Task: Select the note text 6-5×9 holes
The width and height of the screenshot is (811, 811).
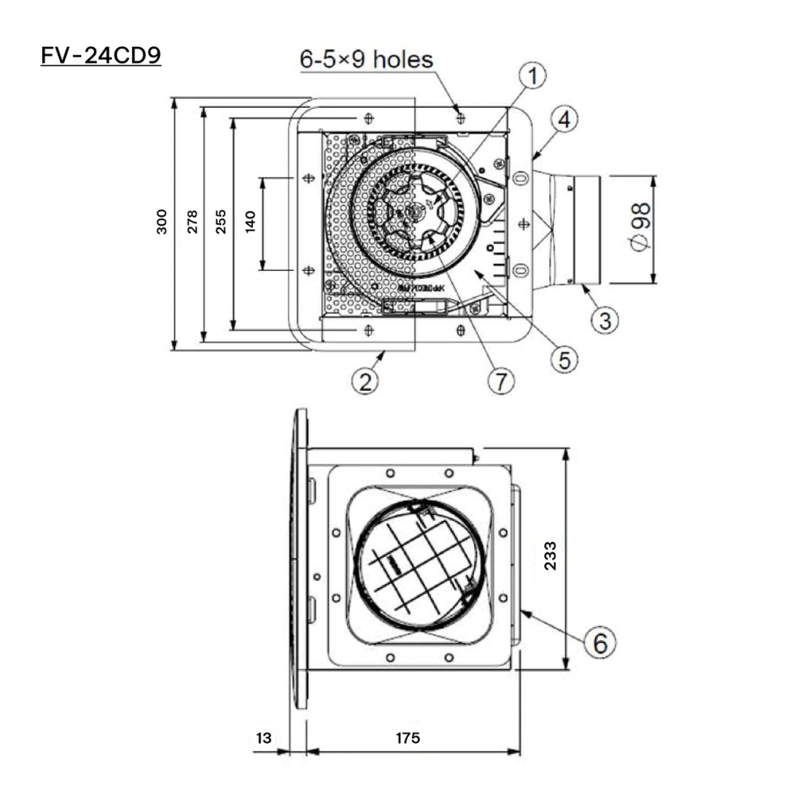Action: pos(367,59)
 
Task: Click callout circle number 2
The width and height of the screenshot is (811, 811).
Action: pos(366,380)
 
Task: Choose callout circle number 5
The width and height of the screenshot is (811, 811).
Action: pos(564,358)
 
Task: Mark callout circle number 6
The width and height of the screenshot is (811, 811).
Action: pos(599,643)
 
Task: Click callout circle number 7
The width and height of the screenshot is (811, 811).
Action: pos(500,380)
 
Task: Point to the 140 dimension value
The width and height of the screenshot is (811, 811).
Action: pos(250,221)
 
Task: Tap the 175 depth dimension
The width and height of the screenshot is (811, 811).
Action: pos(409,738)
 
